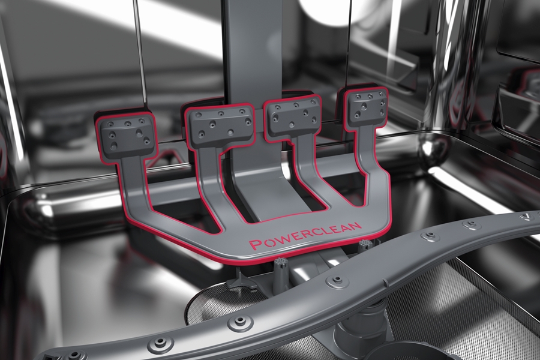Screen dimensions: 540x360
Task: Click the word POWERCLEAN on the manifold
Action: click(x=305, y=235)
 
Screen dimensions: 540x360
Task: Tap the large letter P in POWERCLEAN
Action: click(x=256, y=244)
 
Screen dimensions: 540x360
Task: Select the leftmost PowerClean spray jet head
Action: click(x=127, y=136)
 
